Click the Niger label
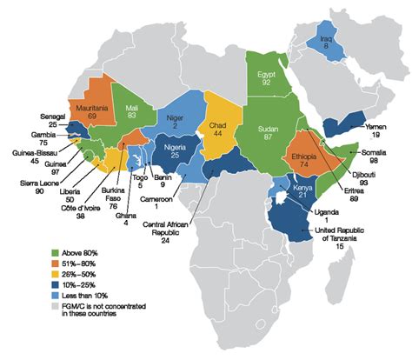click(176, 120)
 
